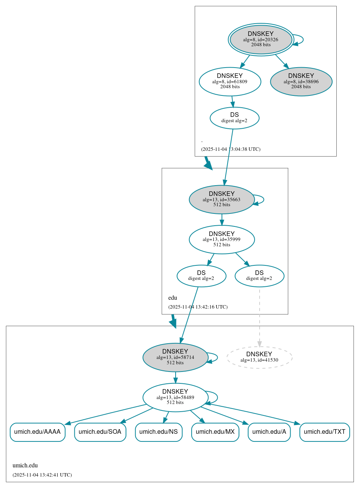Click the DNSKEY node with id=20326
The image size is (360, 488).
(261, 39)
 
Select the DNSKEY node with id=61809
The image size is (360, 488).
(230, 81)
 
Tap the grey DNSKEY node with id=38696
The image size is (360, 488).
(301, 82)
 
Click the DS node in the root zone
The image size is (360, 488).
(234, 118)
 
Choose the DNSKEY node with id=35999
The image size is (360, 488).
(221, 239)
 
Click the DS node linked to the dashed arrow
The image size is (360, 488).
(259, 276)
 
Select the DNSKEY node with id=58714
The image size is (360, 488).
(175, 357)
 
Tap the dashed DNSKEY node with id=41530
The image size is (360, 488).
(259, 357)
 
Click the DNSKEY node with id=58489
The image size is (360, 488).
(175, 397)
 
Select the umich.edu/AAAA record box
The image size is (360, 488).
(37, 432)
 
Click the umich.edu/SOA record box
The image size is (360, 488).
(100, 432)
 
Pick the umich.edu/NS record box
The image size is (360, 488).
(158, 432)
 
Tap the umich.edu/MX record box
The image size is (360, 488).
(215, 432)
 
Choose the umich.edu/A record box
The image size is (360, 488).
(269, 432)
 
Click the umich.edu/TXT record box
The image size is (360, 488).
(324, 432)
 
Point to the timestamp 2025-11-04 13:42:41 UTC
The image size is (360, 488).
(42, 475)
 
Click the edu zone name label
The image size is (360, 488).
(173, 298)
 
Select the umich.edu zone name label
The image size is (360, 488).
(25, 465)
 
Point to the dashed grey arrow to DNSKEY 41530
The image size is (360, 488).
(259, 317)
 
